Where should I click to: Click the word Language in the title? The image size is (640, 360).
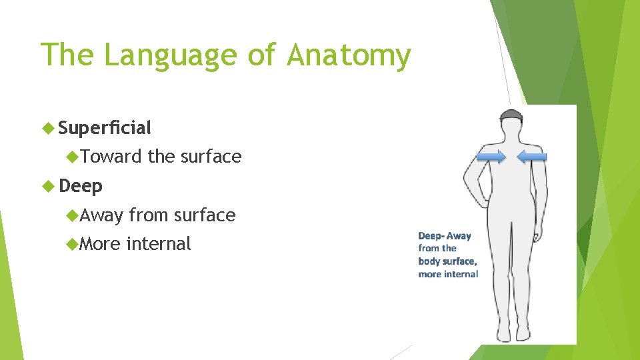[170, 56]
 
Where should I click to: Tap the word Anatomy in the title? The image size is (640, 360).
[349, 56]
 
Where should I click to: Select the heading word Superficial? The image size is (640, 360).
[105, 127]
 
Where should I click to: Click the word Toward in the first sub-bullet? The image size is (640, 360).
[111, 157]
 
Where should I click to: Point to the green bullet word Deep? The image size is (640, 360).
[81, 186]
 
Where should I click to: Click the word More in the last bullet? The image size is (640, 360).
[100, 244]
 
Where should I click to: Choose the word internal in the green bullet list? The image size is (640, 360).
[159, 244]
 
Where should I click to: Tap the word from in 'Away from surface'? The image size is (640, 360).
[148, 215]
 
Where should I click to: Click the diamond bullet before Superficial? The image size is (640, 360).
[49, 127]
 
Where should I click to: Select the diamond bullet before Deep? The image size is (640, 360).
[49, 186]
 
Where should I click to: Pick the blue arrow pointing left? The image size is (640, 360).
[532, 157]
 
